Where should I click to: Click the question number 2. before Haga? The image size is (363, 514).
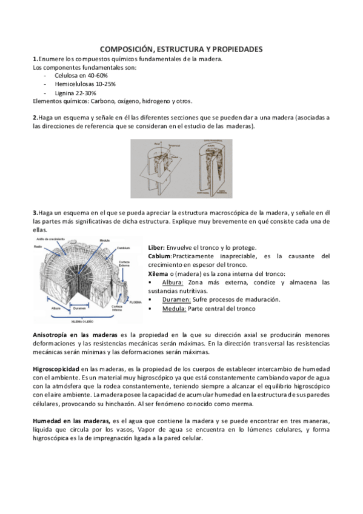35,116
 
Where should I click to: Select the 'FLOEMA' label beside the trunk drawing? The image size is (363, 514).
135,301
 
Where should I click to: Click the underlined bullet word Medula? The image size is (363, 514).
174,308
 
